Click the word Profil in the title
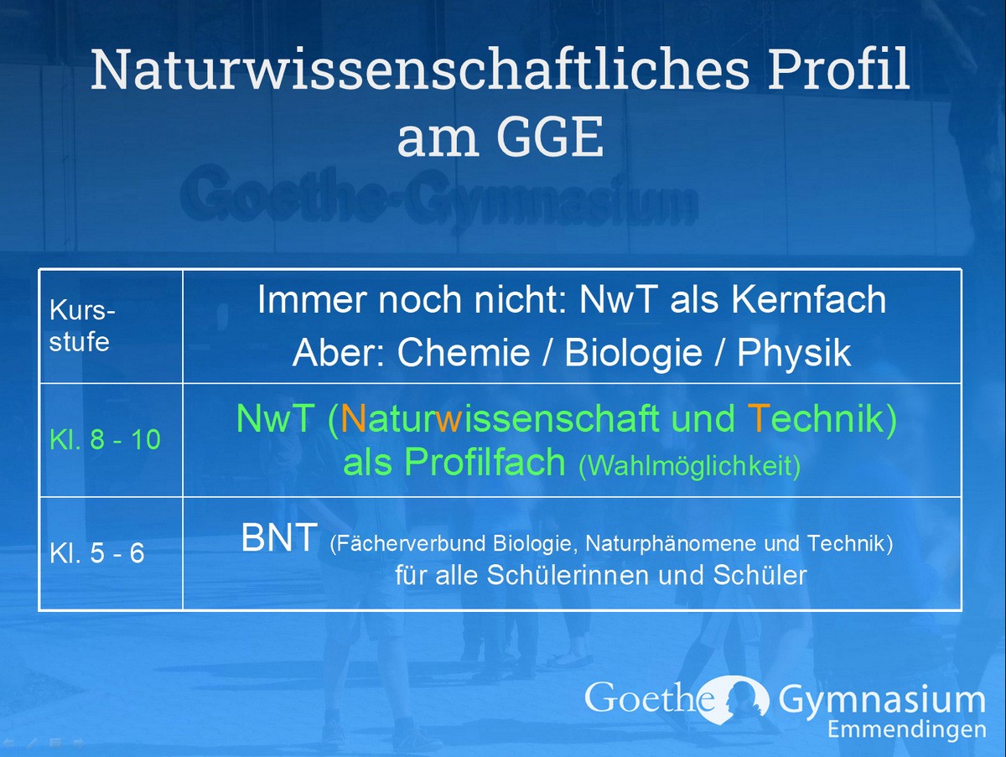click(x=838, y=69)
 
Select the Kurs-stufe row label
click(x=82, y=326)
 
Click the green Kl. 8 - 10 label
click(x=105, y=439)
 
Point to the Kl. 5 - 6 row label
click(x=96, y=552)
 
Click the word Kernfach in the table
click(x=808, y=299)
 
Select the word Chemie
click(x=464, y=352)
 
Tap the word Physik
click(x=794, y=353)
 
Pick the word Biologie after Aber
click(x=633, y=353)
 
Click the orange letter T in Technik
click(x=758, y=417)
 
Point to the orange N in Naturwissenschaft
click(x=353, y=417)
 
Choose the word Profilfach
click(x=485, y=461)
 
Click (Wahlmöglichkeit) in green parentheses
click(x=690, y=466)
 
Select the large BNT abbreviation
click(x=279, y=537)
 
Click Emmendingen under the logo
click(x=907, y=729)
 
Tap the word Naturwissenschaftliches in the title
click(x=420, y=69)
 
